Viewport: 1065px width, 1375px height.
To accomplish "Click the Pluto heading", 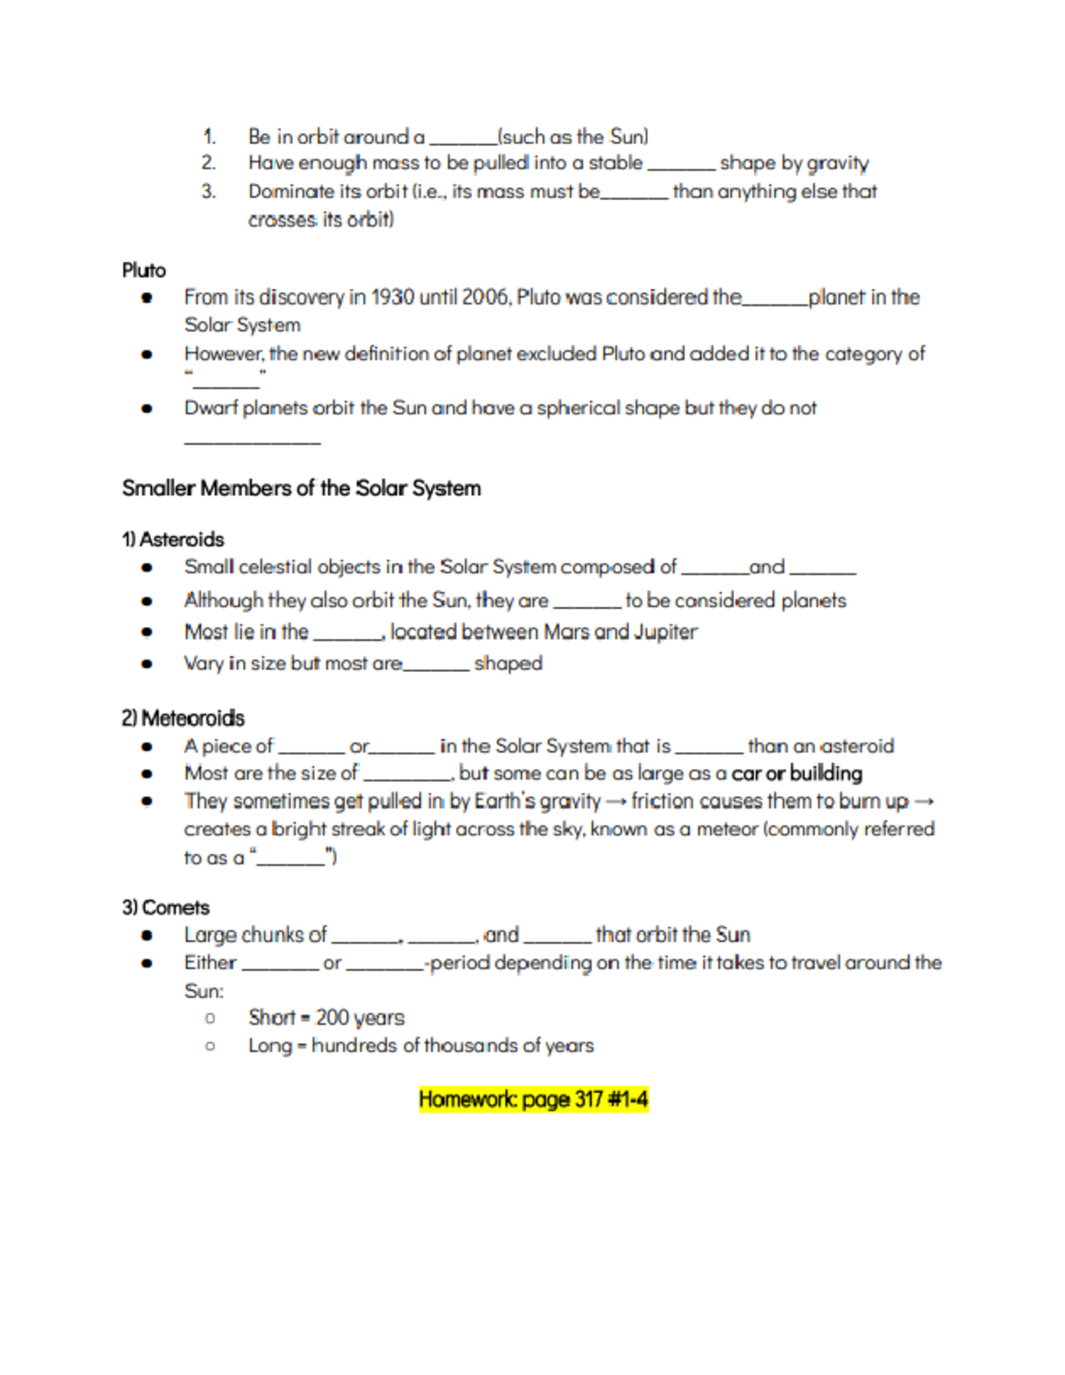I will pyautogui.click(x=144, y=270).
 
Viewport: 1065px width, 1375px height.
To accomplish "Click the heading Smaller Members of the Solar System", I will pyautogui.click(x=301, y=488).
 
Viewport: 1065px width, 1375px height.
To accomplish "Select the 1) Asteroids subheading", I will pyautogui.click(x=172, y=540).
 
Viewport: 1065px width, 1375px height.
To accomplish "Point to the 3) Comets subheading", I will pyautogui.click(x=165, y=907).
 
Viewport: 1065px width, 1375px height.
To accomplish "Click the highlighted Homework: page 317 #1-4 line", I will pyautogui.click(x=533, y=1100).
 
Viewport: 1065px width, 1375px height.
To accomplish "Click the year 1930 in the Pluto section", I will pyautogui.click(x=392, y=297).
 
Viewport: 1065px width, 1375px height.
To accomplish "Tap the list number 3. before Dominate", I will pyautogui.click(x=209, y=191).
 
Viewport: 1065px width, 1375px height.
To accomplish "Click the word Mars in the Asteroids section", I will pyautogui.click(x=565, y=632).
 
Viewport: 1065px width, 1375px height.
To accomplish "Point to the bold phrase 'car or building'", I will pyautogui.click(x=797, y=773).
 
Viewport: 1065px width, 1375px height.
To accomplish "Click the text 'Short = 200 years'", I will pyautogui.click(x=326, y=1017).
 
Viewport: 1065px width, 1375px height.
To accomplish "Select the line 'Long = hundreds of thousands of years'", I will pyautogui.click(x=421, y=1046).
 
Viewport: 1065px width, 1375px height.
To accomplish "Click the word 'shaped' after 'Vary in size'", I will pyautogui.click(x=508, y=663).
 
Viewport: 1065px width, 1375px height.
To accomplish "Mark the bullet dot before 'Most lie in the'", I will pyautogui.click(x=147, y=633).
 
